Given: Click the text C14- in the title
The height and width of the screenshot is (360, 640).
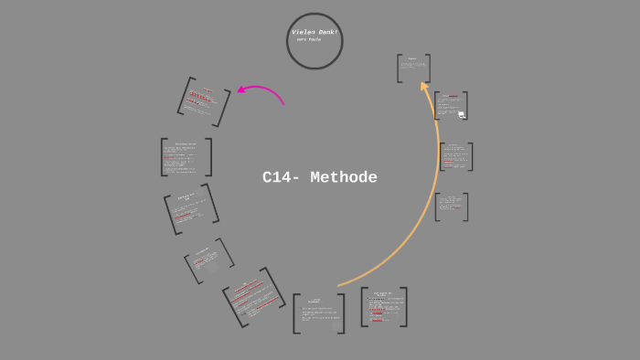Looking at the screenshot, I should (281, 178).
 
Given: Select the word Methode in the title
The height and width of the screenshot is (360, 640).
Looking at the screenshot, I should (344, 178).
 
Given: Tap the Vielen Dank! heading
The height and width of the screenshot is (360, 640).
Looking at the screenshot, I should (314, 32).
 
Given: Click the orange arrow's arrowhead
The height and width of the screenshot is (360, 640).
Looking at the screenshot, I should (424, 85).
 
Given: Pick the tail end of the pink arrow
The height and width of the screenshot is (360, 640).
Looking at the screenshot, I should (283, 103).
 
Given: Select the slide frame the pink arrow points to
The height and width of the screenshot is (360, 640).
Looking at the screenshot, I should (204, 101).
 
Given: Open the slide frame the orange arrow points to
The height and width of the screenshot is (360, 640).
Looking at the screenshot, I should (413, 69).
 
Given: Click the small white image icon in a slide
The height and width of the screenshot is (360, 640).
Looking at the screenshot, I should (462, 114).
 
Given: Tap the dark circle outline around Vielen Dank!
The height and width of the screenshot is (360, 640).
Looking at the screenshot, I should (287, 41).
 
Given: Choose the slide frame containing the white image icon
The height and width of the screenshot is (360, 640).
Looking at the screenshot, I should (451, 105).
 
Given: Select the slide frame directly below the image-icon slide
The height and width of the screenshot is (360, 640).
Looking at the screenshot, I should (455, 156).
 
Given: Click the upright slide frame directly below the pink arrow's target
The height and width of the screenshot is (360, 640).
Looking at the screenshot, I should (187, 157).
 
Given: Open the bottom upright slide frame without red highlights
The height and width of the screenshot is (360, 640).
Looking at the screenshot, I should (318, 312).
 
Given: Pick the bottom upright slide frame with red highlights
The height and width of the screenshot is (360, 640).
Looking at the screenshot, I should (383, 307).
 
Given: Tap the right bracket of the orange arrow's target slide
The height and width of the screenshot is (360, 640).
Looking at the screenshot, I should (428, 69).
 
